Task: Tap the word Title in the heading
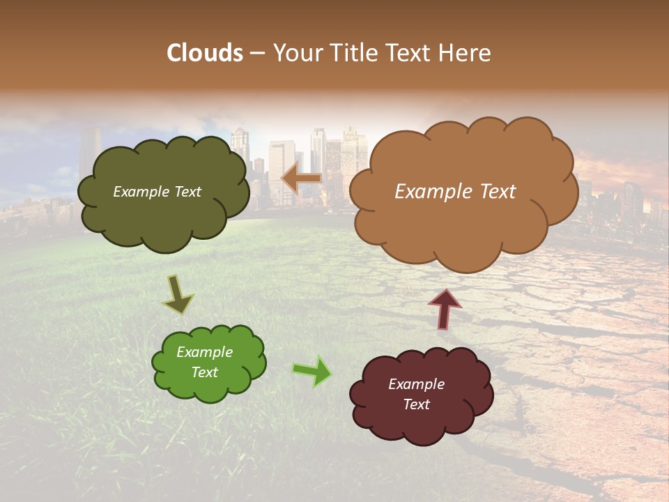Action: [x=354, y=53]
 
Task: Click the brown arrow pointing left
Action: [x=301, y=179]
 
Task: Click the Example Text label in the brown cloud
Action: [x=455, y=192]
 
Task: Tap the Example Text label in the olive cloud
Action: [x=157, y=192]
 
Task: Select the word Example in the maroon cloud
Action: [x=416, y=384]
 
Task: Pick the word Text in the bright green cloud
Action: [x=204, y=372]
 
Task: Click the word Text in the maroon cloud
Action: [x=416, y=404]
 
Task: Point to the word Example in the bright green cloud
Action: [x=204, y=352]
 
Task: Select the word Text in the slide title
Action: [x=412, y=53]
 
